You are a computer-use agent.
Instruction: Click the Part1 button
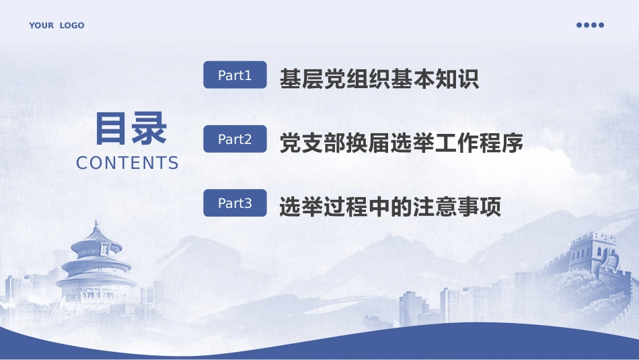(x=235, y=75)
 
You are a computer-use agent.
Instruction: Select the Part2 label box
(x=235, y=139)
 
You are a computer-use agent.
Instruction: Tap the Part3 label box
(x=235, y=203)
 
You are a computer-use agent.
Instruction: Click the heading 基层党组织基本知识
(x=379, y=79)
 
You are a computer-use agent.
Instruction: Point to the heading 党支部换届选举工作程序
(x=401, y=143)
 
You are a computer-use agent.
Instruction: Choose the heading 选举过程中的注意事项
(x=390, y=207)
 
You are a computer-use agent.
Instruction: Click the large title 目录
(x=130, y=129)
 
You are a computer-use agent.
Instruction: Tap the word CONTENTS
(x=128, y=163)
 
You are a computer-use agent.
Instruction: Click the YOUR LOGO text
(x=57, y=26)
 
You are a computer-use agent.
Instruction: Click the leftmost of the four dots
(x=579, y=25)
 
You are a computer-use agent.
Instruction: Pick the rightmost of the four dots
(x=601, y=25)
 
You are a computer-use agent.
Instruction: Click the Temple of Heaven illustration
(x=96, y=266)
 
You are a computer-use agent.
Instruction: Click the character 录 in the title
(x=149, y=129)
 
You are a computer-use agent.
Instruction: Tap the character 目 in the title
(x=112, y=129)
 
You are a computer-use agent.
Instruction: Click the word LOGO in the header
(x=72, y=26)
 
